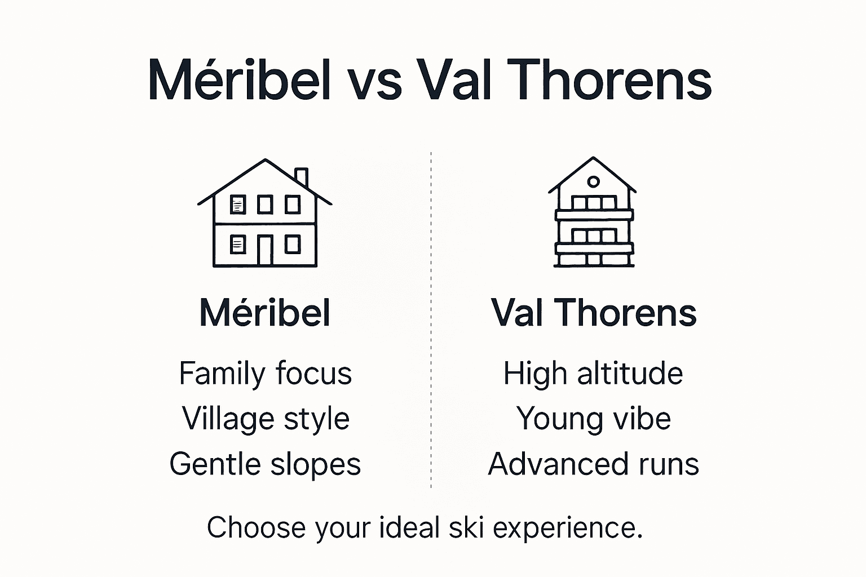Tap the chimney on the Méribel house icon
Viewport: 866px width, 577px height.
302,177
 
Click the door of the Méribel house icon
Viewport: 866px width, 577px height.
265,250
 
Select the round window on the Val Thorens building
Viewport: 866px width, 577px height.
593,181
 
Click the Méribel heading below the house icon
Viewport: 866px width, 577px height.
264,313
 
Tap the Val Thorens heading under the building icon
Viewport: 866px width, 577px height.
594,313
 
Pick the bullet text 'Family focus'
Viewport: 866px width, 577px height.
265,374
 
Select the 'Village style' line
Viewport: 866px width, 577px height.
266,419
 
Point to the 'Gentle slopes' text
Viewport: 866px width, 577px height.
265,464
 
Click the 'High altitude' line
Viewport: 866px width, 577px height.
593,374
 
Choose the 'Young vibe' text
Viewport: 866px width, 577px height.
593,419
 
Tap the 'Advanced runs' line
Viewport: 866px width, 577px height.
593,464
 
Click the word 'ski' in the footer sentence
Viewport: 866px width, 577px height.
467,528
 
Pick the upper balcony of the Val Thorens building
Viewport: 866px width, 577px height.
594,215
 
